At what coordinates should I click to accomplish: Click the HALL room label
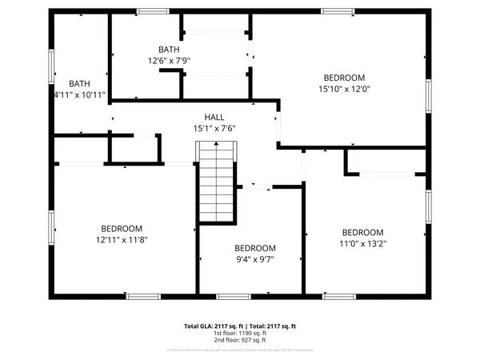(214, 117)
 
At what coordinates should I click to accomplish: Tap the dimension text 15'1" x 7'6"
(214, 128)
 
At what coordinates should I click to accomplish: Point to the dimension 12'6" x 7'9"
(169, 60)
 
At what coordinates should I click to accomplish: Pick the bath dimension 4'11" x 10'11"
(79, 94)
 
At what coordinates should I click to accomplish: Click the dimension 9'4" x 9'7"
(255, 259)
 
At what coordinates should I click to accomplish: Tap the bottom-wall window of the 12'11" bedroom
(143, 297)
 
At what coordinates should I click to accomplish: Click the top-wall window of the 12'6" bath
(148, 10)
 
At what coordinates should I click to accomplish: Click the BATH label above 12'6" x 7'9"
(169, 49)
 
